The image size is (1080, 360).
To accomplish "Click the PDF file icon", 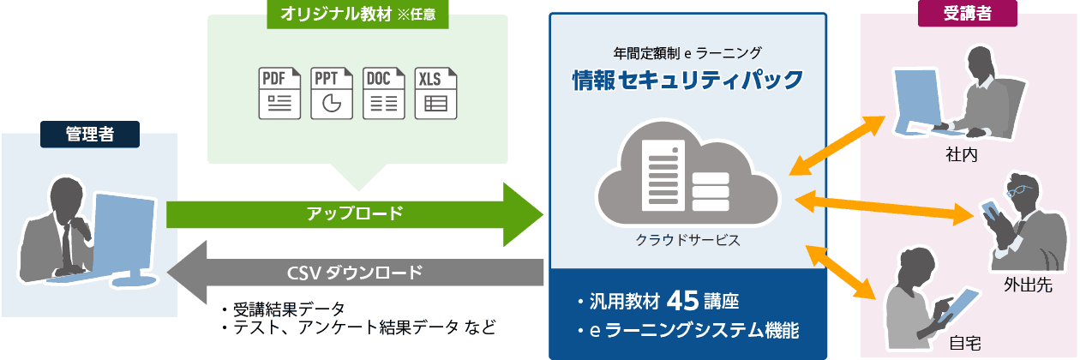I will (x=280, y=93).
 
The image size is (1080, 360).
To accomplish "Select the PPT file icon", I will (x=332, y=93).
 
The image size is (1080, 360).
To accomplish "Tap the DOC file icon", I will (x=383, y=93).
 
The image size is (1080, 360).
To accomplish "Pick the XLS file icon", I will (x=435, y=93).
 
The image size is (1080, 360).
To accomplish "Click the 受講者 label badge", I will (x=968, y=13).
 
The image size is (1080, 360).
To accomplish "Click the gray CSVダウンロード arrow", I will (x=355, y=273).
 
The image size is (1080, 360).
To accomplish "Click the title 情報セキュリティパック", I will (x=688, y=80).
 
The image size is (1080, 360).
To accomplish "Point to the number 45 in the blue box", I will (x=682, y=301).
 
